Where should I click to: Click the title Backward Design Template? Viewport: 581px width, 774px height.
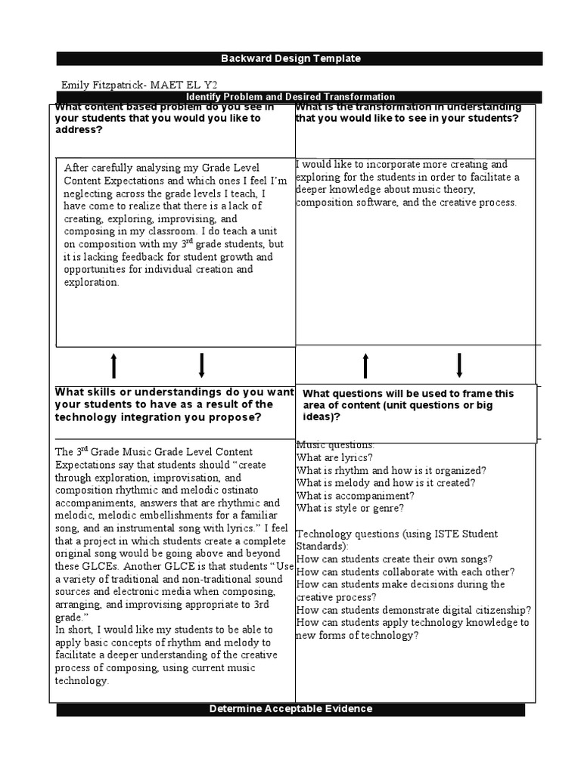(290, 58)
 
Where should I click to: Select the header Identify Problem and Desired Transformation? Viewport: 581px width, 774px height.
(290, 97)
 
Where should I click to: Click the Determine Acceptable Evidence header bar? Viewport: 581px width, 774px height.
(290, 708)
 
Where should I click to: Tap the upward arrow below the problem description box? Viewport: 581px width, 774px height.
(113, 365)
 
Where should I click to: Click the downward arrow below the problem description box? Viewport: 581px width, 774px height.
(202, 365)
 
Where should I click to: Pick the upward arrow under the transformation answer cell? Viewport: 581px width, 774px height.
(365, 365)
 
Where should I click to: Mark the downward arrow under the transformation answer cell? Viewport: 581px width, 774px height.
(459, 365)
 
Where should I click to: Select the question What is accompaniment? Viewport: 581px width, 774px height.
(355, 496)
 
